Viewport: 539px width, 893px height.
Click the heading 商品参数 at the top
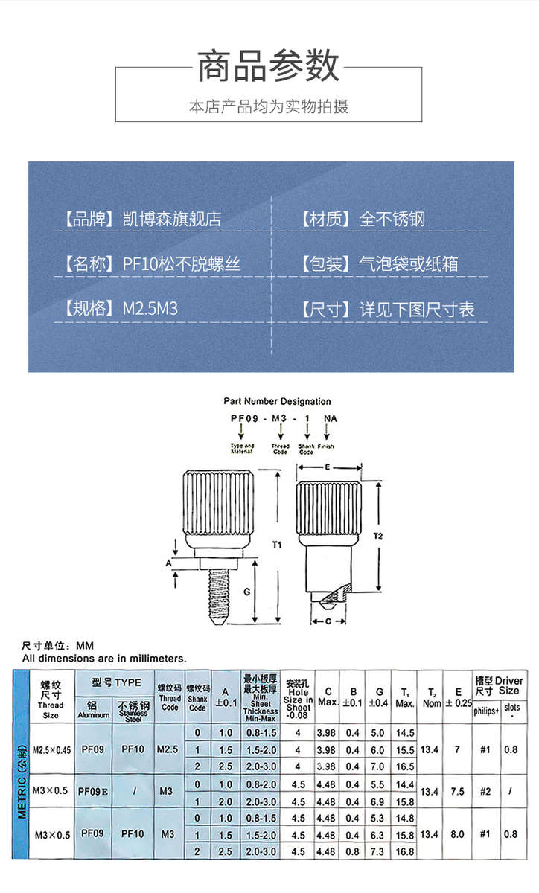pos(269,66)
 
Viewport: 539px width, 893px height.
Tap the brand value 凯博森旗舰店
pos(171,219)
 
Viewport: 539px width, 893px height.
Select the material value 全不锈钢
pos(392,219)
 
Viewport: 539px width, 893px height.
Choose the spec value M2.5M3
pos(150,310)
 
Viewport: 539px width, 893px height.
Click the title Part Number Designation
pos(277,401)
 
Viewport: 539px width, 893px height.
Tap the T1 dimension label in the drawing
pos(277,545)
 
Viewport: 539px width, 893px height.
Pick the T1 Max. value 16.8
pos(405,851)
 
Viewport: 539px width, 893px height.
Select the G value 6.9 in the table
pos(379,801)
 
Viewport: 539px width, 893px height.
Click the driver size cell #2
pos(485,792)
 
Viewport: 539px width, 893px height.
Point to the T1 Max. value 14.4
pos(405,784)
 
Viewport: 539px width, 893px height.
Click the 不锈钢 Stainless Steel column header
pos(134,710)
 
